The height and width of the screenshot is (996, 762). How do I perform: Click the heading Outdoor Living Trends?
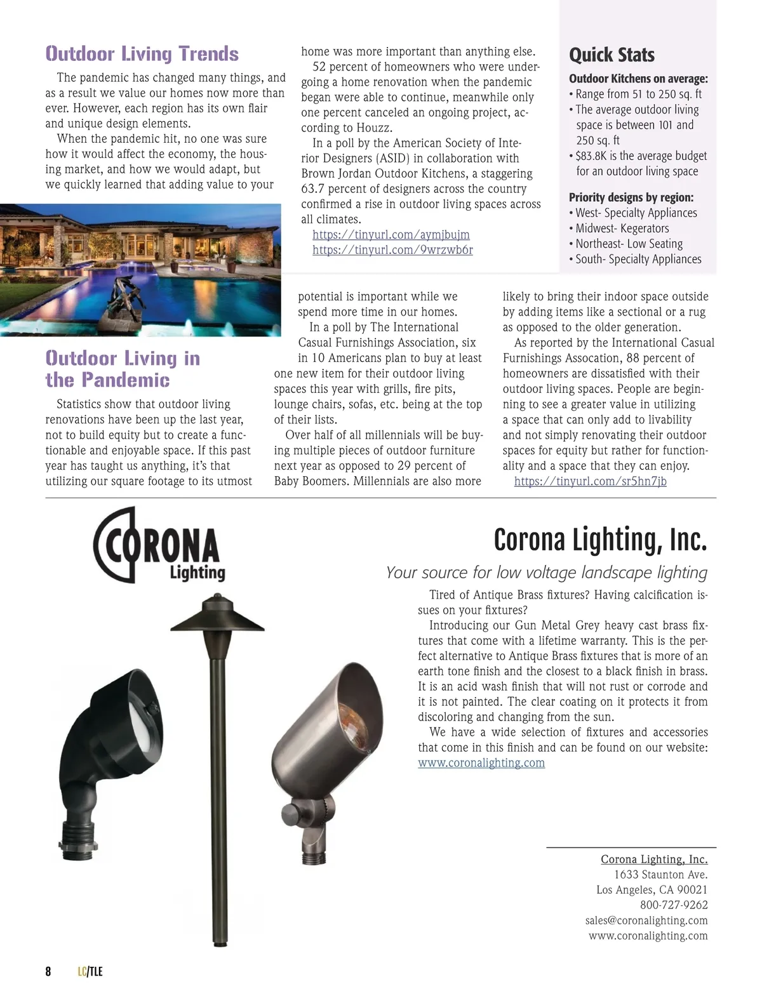[x=142, y=54]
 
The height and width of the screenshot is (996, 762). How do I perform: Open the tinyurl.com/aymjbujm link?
[x=391, y=235]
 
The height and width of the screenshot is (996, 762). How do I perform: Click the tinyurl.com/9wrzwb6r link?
[x=392, y=250]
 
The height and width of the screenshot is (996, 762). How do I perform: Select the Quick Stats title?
[x=612, y=55]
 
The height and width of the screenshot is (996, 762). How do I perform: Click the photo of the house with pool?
[x=140, y=270]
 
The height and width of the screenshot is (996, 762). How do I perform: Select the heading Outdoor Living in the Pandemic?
[x=123, y=369]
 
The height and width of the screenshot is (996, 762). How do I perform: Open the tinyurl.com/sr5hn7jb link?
[x=590, y=481]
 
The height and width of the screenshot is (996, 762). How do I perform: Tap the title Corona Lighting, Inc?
[x=600, y=540]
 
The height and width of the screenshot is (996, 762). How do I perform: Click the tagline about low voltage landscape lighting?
[x=546, y=573]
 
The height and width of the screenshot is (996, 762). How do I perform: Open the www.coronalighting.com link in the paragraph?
[x=481, y=763]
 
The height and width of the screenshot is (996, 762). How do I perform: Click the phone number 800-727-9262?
[x=674, y=905]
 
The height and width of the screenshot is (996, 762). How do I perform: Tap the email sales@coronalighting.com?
[x=646, y=920]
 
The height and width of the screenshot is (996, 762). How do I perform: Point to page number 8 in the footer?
[x=48, y=972]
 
